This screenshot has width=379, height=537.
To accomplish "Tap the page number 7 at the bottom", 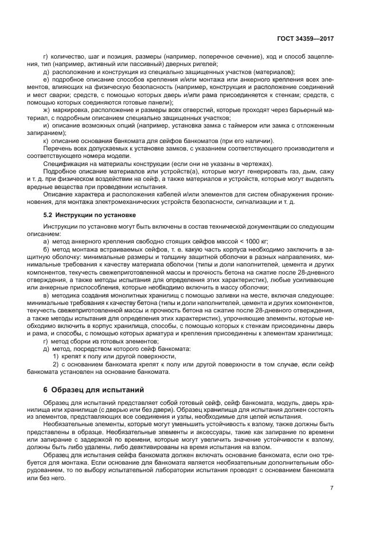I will click(331, 488).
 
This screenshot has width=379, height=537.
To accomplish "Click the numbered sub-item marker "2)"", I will click(56, 365).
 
